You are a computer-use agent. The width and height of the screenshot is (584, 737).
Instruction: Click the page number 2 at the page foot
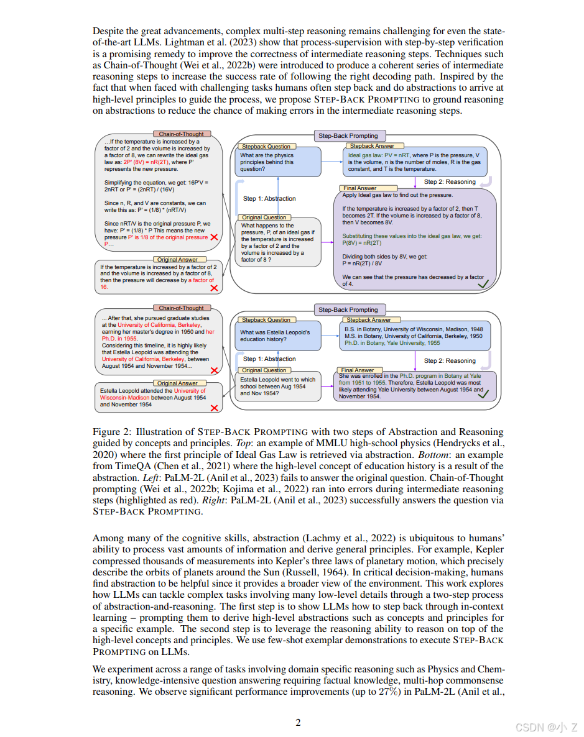(298, 722)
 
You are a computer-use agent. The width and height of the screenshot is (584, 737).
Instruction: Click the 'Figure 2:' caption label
(111, 432)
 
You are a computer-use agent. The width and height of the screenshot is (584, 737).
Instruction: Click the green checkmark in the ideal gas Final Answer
(482, 283)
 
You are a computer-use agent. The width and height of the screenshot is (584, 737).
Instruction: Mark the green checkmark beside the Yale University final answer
(483, 394)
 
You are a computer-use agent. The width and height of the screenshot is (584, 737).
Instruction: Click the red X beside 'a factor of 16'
(214, 288)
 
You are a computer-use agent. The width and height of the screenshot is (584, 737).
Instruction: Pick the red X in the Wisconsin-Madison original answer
(214, 408)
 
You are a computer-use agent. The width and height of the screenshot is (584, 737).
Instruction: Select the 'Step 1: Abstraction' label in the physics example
(269, 199)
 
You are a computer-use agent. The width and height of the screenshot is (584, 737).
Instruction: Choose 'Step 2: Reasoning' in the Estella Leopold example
(450, 360)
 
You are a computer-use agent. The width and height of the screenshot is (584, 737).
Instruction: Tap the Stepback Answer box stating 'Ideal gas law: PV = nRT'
(415, 162)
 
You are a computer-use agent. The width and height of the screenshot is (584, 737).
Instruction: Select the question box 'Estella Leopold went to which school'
(277, 387)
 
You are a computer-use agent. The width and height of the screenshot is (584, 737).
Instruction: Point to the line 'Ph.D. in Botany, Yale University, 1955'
(392, 343)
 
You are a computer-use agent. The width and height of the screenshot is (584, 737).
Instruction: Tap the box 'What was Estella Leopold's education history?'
(277, 336)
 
